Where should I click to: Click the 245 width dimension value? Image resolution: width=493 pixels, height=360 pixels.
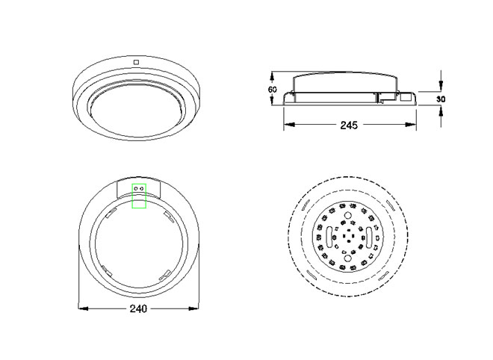point(349,125)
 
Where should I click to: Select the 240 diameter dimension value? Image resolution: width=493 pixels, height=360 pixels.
point(138,308)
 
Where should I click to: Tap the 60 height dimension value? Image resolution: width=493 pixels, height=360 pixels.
point(273,90)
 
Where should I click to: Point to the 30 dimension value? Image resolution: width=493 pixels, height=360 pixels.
point(441,99)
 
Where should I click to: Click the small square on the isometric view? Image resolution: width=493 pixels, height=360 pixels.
point(136,62)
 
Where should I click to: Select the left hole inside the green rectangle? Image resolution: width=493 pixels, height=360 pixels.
point(136,188)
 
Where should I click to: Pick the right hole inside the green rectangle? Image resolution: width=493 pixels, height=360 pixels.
point(142,188)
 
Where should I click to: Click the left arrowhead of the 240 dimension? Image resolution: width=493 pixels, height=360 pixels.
point(83,308)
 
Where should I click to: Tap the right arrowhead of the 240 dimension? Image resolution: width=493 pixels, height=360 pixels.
point(193,308)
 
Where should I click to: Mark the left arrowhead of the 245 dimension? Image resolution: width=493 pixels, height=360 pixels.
point(289,125)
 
